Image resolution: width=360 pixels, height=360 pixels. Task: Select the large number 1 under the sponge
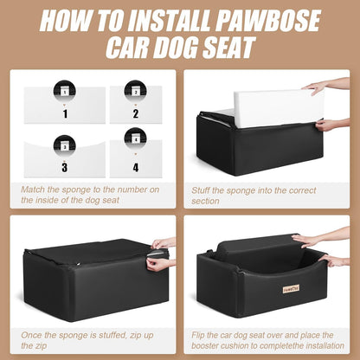tap(64, 112)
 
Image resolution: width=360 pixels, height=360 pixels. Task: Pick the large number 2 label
tap(135, 112)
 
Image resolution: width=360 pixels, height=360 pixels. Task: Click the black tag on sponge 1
tap(64, 90)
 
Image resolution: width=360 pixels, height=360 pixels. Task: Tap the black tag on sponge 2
tap(135, 90)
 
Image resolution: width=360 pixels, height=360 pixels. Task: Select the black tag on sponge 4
tap(135, 137)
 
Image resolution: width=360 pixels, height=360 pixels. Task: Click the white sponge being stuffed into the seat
tap(268, 106)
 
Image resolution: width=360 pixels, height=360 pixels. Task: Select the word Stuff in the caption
tap(202, 188)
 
